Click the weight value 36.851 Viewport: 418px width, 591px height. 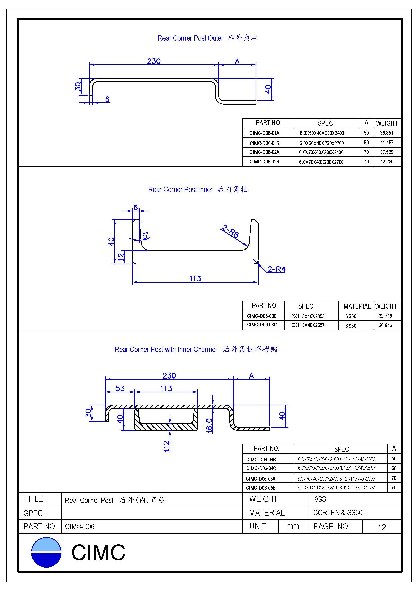[x=386, y=133]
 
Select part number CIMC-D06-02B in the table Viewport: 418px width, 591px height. [x=264, y=162]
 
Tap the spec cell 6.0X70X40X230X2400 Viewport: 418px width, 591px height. [x=321, y=152]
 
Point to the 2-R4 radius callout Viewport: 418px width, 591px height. [x=276, y=269]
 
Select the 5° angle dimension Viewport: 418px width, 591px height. [x=145, y=235]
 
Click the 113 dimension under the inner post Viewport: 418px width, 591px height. [x=195, y=278]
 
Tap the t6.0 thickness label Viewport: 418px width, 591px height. [x=210, y=425]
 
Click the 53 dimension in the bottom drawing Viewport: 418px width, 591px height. [x=120, y=388]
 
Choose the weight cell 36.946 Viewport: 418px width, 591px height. [x=385, y=325]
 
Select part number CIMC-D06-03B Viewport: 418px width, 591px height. [x=262, y=316]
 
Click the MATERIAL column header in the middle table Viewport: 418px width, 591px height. [x=357, y=306]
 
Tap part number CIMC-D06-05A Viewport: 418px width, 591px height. [x=261, y=479]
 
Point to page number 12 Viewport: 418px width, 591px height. [x=382, y=527]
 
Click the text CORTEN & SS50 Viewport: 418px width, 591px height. [x=337, y=513]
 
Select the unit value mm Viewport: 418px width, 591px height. [x=293, y=526]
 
